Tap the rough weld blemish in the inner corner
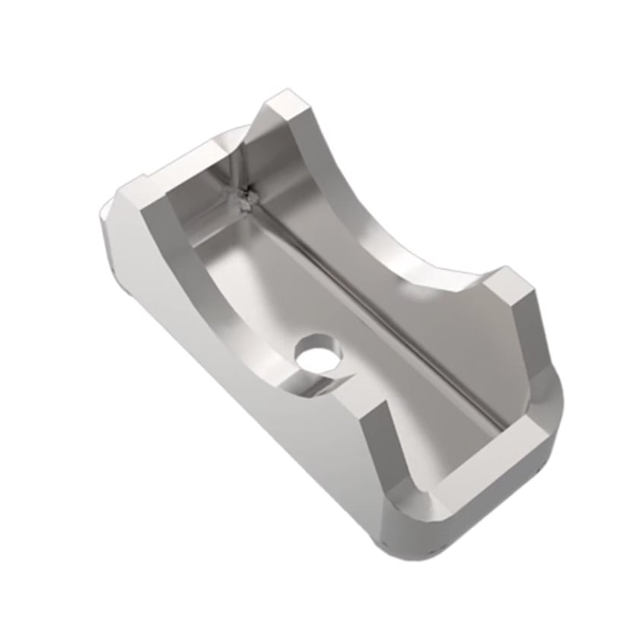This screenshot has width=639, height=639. coord(246,199)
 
